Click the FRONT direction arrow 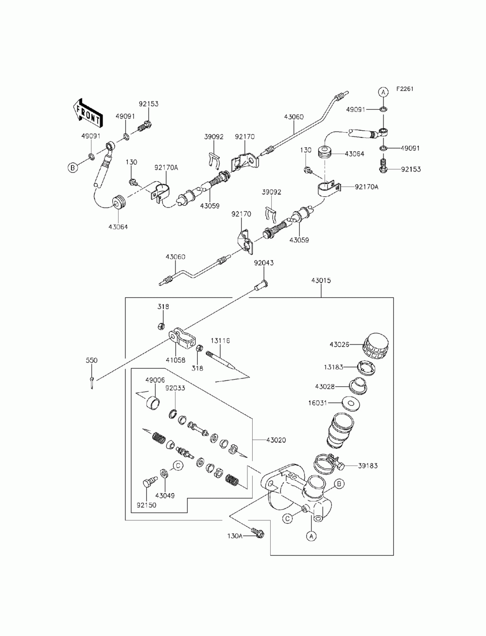click(x=87, y=113)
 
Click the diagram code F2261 click(x=404, y=89)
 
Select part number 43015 click(x=321, y=280)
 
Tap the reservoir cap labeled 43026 click(x=375, y=346)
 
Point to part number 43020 click(x=276, y=440)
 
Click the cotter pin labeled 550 click(x=92, y=383)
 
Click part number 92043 click(x=264, y=263)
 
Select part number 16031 click(x=317, y=403)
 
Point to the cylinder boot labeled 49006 click(x=154, y=403)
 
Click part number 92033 click(x=175, y=388)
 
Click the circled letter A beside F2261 click(x=383, y=92)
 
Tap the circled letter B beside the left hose click(x=73, y=168)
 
